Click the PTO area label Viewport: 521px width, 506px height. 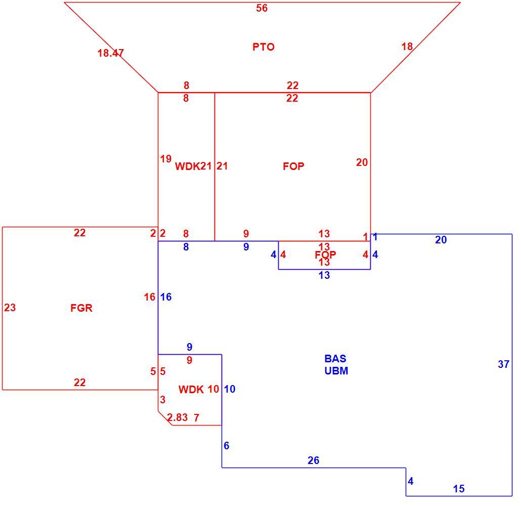tap(264, 47)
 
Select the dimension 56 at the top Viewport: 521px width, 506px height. tap(262, 8)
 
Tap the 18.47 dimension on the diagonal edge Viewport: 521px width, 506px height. tap(111, 53)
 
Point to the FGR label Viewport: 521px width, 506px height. tap(81, 308)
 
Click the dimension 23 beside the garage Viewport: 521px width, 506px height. tap(10, 308)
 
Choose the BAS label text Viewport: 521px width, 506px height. tap(335, 358)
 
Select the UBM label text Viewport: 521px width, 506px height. tap(336, 371)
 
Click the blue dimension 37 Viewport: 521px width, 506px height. tap(504, 364)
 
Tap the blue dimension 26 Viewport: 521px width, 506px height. tap(313, 460)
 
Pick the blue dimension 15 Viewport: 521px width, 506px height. tap(459, 489)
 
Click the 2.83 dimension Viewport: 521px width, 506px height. tap(178, 417)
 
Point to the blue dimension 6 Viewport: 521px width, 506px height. tap(227, 446)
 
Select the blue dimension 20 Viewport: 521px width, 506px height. tap(441, 240)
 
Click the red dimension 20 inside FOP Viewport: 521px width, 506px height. tap(362, 162)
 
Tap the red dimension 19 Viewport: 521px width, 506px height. tap(166, 159)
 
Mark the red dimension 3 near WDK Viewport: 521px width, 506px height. tap(162, 400)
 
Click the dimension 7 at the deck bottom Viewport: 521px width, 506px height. tap(196, 417)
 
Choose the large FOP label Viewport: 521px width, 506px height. tap(293, 166)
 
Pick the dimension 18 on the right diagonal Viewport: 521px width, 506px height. tap(407, 47)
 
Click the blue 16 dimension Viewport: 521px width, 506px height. tap(166, 297)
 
